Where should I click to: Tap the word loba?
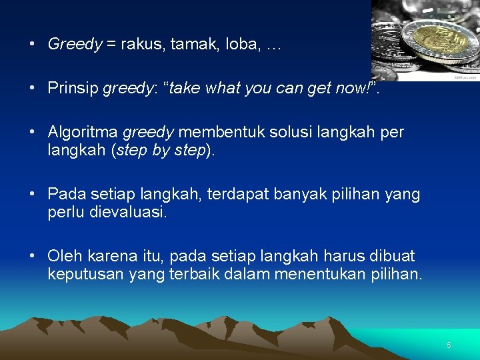pos(242,45)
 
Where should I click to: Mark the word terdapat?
pos(238,195)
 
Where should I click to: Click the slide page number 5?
pos(449,345)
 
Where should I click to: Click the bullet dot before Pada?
pos(32,195)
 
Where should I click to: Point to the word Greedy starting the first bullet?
pos(75,45)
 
